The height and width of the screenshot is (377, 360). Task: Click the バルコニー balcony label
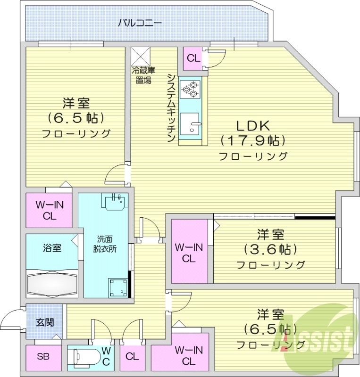pos(140,22)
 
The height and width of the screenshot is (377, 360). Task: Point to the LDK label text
pos(252,126)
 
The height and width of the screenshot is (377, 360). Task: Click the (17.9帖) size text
pos(252,141)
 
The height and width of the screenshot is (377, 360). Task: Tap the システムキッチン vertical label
pos(171,108)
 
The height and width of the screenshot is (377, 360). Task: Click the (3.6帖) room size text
pos(270,249)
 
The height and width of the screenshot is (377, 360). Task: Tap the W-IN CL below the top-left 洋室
pos(47,210)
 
